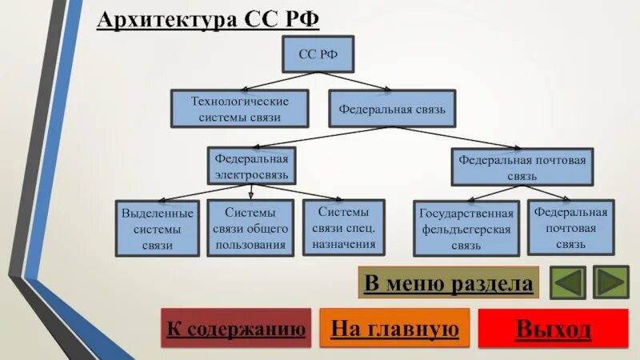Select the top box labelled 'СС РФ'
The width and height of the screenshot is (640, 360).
pyautogui.click(x=318, y=54)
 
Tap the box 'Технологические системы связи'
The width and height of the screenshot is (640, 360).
pyautogui.click(x=239, y=109)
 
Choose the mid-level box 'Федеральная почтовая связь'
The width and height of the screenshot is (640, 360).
pyautogui.click(x=522, y=166)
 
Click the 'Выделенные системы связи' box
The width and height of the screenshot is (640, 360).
pyautogui.click(x=158, y=229)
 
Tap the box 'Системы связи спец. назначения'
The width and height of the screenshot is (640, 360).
pyautogui.click(x=343, y=227)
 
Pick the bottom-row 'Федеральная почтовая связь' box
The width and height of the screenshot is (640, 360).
pyautogui.click(x=571, y=227)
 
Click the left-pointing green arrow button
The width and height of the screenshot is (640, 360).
pyautogui.click(x=567, y=282)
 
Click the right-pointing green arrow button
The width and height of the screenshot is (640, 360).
pyautogui.click(x=612, y=282)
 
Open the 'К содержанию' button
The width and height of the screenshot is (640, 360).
pyautogui.click(x=236, y=328)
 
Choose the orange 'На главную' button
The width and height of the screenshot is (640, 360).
pyautogui.click(x=394, y=328)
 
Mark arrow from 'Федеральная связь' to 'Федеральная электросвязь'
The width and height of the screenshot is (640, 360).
pyautogui.click(x=320, y=137)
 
